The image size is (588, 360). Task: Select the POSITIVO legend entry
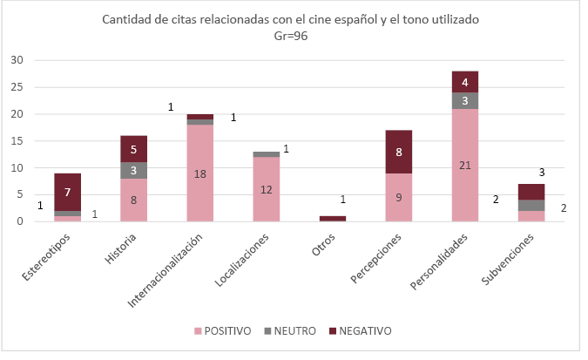(224, 331)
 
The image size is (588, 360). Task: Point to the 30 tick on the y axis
(17, 60)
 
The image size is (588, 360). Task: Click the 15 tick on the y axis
(17, 141)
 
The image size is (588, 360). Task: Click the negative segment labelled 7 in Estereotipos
(67, 192)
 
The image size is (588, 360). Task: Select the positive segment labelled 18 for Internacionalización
(200, 173)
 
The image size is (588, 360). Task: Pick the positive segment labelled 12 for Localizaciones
(267, 189)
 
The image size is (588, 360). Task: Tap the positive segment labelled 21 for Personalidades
(465, 165)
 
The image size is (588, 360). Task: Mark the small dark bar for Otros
(333, 218)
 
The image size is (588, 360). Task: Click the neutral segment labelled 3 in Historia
(133, 170)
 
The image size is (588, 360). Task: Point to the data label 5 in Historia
(133, 149)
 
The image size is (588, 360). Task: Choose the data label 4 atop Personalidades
(465, 82)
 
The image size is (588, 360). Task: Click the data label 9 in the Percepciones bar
(399, 197)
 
